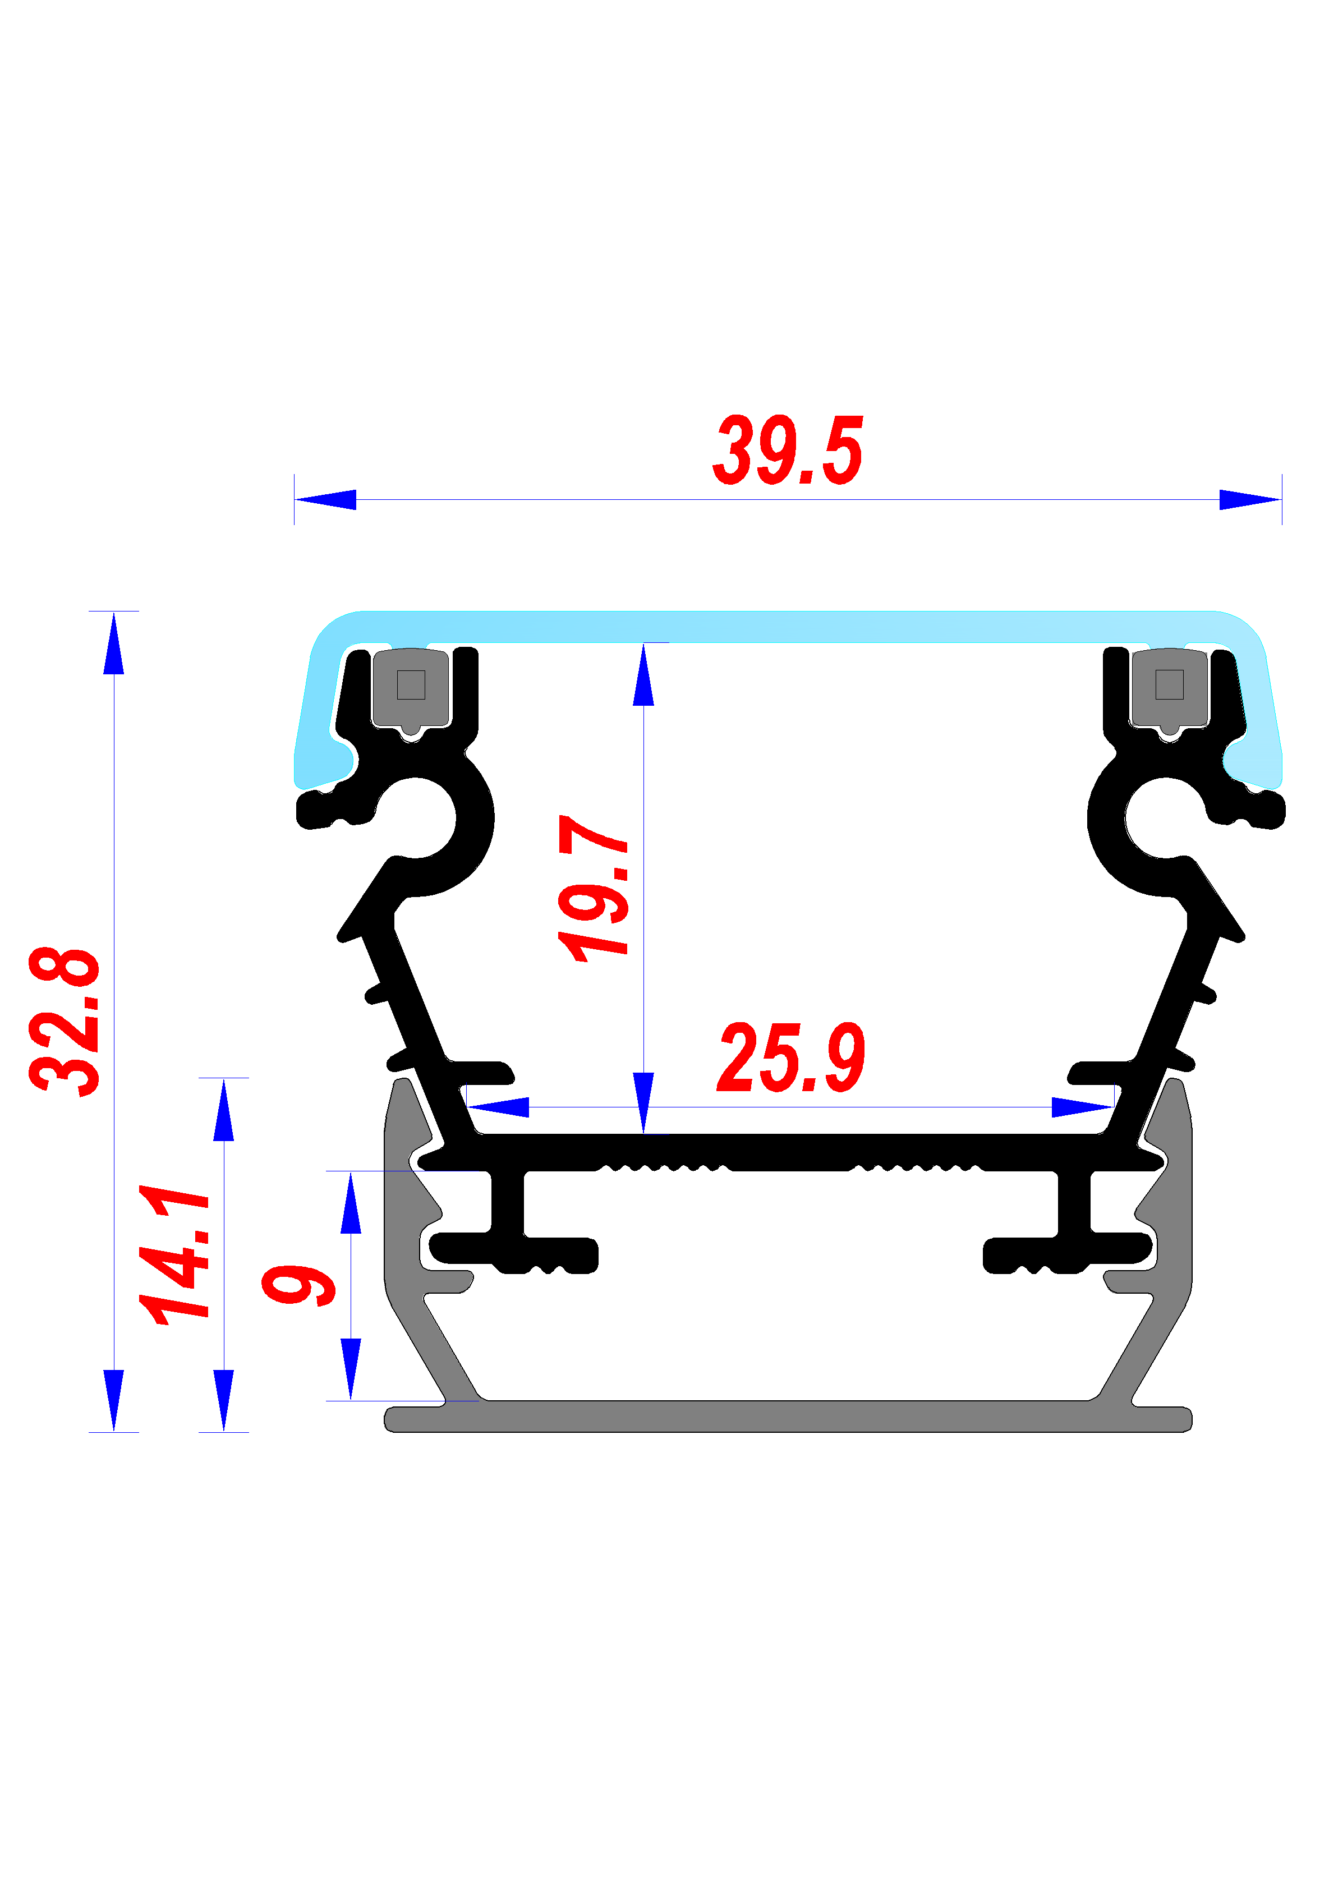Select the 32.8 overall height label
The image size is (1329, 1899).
tap(65, 1022)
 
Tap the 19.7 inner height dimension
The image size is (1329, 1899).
tap(594, 889)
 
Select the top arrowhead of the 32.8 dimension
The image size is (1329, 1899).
tap(114, 644)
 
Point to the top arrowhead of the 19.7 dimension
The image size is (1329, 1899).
tap(643, 675)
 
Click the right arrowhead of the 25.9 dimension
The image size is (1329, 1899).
tap(1082, 1107)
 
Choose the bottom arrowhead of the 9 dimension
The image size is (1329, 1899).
tap(351, 1369)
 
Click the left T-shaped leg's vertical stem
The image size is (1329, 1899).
tap(507, 1201)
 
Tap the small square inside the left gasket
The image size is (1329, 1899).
tap(411, 685)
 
